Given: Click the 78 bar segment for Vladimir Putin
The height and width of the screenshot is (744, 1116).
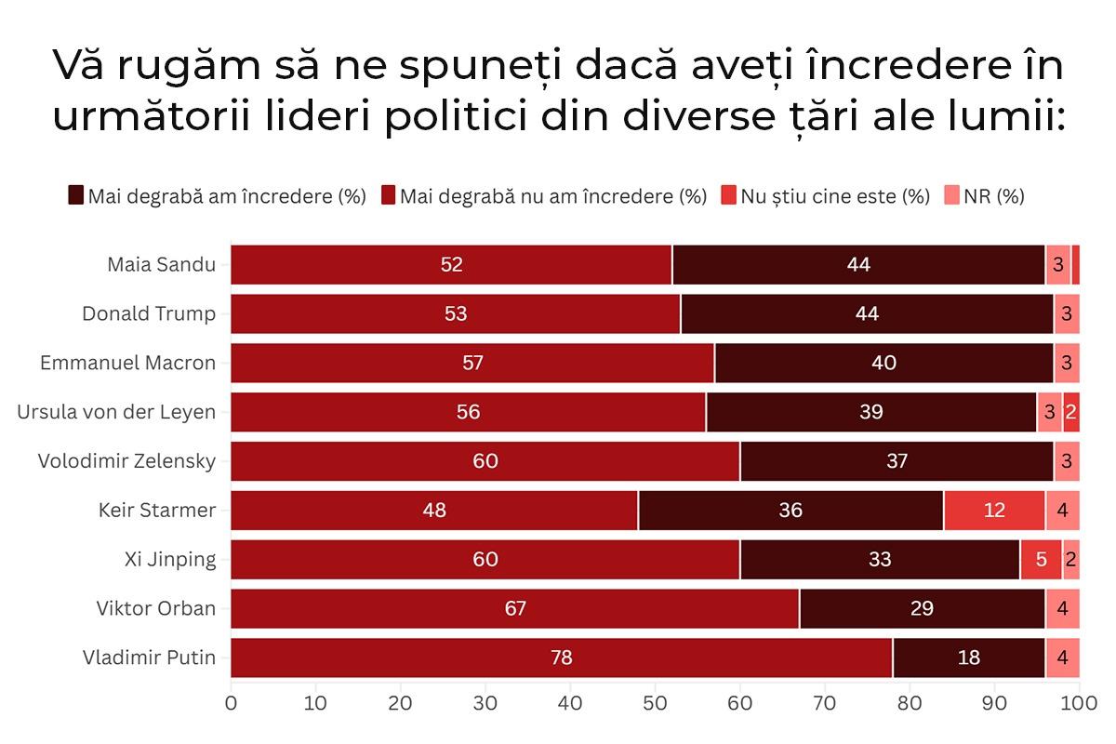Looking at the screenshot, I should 561,658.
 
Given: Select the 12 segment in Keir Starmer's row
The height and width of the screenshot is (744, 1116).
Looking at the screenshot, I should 994,511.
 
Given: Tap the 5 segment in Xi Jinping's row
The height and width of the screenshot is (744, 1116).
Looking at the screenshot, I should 1041,559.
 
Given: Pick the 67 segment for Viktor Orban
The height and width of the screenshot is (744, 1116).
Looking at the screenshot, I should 514,608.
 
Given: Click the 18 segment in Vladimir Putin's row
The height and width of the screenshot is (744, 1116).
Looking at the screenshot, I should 968,658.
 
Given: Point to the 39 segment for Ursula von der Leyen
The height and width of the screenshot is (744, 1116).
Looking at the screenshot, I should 870,412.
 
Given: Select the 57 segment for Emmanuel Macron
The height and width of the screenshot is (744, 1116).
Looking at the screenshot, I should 472,363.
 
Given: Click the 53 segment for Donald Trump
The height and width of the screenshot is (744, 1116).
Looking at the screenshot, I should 456,313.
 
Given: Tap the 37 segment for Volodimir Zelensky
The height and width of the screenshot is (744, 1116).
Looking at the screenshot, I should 897,461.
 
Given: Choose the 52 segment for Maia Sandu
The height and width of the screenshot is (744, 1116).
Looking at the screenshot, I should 451,264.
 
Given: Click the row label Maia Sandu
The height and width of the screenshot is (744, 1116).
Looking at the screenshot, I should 161,264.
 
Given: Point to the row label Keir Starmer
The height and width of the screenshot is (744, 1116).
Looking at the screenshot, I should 157,511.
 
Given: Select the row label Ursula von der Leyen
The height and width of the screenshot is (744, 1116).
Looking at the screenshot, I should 116,412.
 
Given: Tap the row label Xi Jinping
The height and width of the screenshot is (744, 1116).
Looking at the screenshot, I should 169,559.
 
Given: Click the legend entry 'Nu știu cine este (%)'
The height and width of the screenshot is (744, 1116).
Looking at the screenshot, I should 834,196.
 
